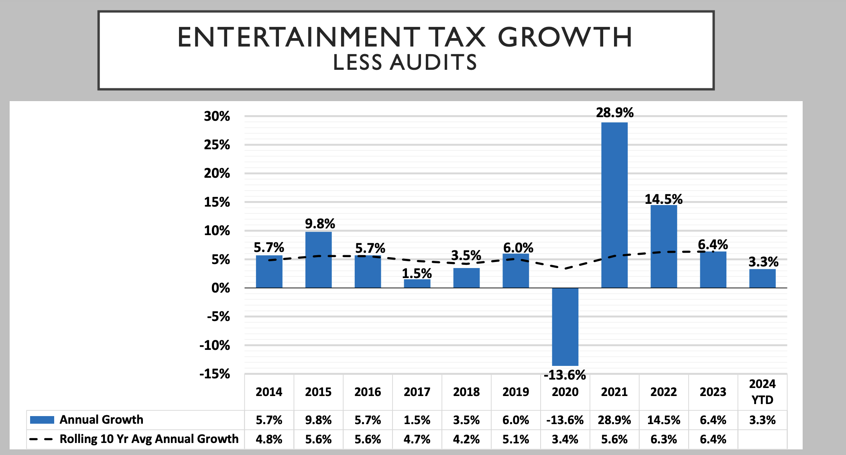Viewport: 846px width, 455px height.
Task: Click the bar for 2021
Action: click(614, 205)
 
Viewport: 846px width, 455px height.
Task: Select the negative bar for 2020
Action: click(565, 327)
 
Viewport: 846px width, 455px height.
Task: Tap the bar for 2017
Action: click(417, 283)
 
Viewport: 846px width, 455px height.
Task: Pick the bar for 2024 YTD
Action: click(762, 278)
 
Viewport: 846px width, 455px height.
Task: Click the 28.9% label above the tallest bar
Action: click(614, 113)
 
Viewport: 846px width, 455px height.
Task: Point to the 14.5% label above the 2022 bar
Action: click(663, 199)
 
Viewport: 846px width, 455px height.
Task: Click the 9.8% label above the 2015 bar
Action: click(320, 223)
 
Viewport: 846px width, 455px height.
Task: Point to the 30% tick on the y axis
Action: click(217, 116)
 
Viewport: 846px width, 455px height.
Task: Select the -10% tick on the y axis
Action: click(215, 345)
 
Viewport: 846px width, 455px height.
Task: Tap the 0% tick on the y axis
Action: click(220, 288)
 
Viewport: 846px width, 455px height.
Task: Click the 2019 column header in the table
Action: click(516, 392)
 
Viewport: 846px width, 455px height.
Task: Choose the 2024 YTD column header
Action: click(762, 392)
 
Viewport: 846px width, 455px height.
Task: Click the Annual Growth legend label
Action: click(101, 420)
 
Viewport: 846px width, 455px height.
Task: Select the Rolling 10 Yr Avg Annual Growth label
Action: click(149, 439)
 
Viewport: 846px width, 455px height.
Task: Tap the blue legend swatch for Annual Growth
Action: click(42, 420)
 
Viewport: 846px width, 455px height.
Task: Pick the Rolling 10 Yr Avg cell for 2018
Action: click(466, 439)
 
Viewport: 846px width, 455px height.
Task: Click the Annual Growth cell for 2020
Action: click(565, 420)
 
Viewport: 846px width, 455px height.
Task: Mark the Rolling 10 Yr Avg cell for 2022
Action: click(663, 439)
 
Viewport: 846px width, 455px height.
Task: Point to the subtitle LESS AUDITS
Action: click(405, 63)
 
